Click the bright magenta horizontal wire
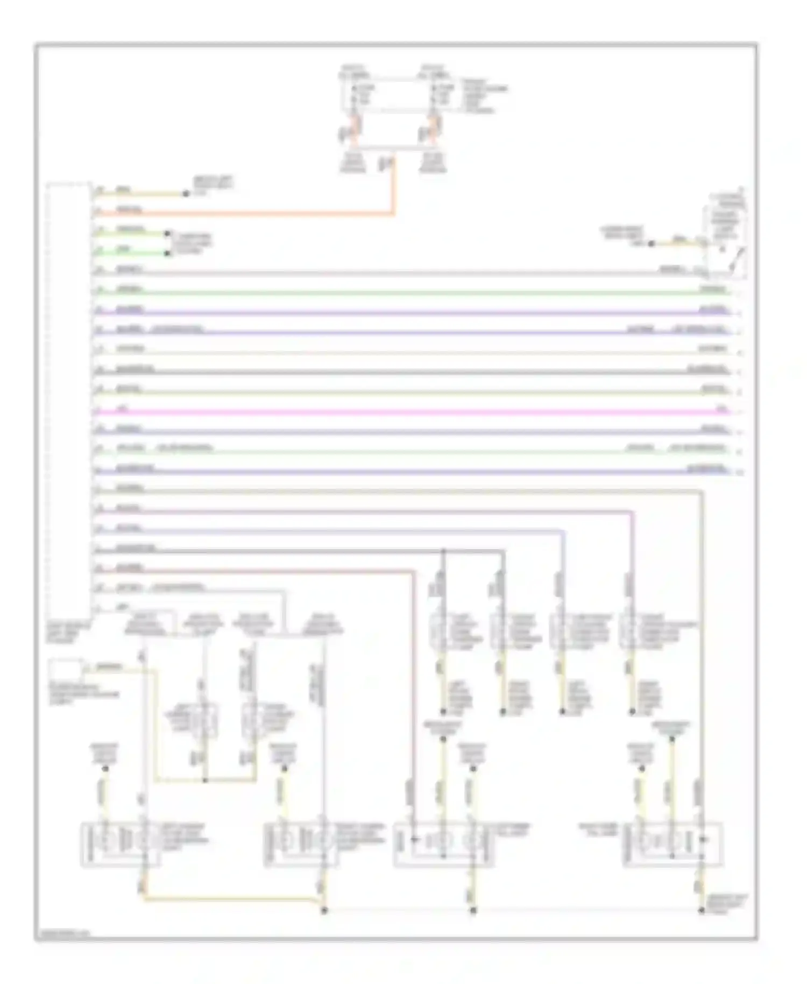[409, 412]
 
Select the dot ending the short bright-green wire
[167, 234]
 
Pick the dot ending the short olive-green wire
[167, 253]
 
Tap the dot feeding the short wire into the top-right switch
[651, 244]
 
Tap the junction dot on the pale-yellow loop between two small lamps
[205, 780]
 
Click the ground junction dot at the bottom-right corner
[702, 911]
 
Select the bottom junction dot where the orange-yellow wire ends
[324, 911]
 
